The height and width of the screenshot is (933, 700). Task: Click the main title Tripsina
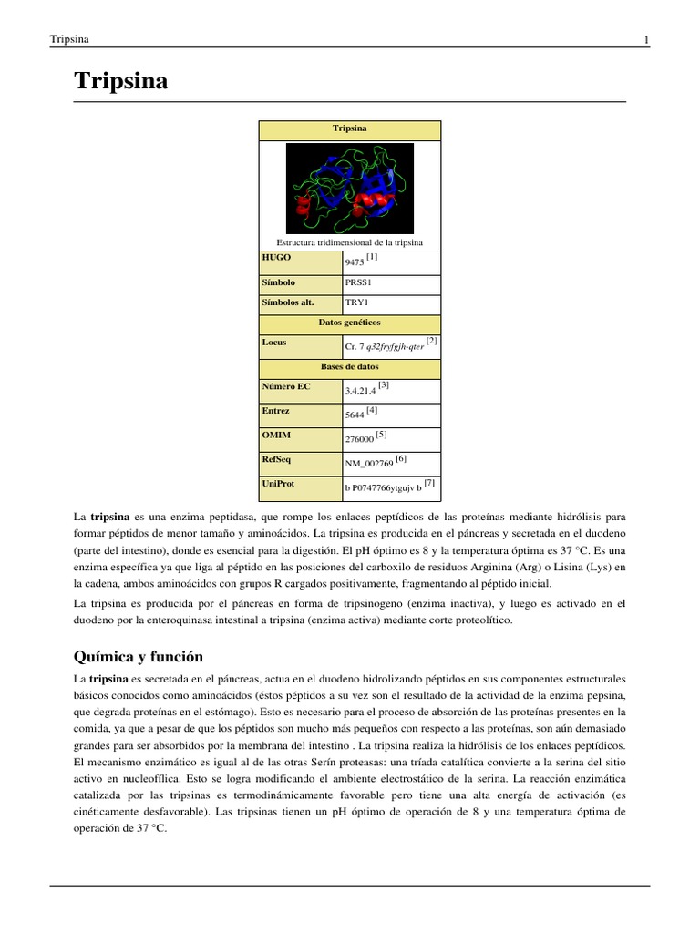point(120,81)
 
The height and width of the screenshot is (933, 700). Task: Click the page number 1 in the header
point(645,39)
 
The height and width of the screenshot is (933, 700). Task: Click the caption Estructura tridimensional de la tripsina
point(349,241)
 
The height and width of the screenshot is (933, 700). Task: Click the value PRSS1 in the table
point(358,283)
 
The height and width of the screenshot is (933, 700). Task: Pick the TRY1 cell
point(356,302)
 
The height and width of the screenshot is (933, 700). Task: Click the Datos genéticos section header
point(349,323)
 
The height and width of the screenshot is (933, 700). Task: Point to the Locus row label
point(273,343)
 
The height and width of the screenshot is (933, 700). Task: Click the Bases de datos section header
point(349,366)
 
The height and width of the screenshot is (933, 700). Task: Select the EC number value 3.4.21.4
point(360,390)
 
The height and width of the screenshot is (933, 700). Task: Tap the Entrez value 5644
point(355,415)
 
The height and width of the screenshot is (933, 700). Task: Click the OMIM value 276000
point(358,438)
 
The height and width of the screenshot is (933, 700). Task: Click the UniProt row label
point(279,483)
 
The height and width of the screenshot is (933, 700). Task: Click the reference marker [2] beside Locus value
point(431,341)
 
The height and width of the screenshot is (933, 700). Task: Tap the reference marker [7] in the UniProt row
point(430,483)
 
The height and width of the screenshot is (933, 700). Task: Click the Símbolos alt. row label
point(288,302)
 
